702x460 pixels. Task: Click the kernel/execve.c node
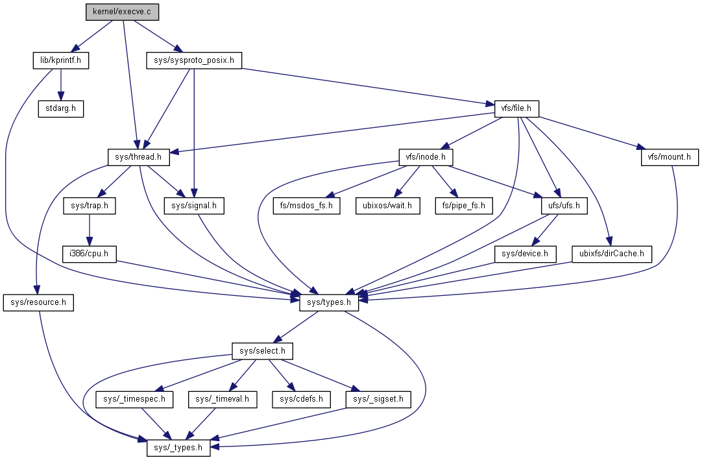pos(122,12)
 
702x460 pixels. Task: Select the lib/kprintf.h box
pos(60,61)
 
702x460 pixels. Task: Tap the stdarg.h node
pos(60,108)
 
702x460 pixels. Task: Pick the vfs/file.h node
pos(512,109)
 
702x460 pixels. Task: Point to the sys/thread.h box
pos(139,157)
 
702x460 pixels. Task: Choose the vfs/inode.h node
pos(425,157)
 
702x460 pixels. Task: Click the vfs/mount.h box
pos(669,157)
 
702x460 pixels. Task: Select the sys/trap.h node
pos(90,206)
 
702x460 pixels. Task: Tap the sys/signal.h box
pos(194,206)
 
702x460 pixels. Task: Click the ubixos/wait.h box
pos(387,206)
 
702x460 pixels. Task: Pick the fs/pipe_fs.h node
pos(463,206)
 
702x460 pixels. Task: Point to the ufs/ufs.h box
pos(564,206)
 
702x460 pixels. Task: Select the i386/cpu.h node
pos(90,254)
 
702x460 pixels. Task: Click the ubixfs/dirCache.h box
pos(611,254)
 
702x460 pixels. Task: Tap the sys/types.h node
pos(329,302)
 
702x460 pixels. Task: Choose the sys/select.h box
pos(263,352)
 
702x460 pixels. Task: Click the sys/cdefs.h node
pos(301,400)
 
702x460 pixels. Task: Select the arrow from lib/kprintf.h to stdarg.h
pos(60,84)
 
